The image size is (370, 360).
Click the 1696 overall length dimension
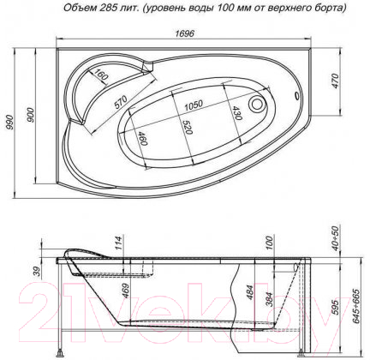coord(184,33)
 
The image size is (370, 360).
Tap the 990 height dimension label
coord(10,122)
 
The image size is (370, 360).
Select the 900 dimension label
coord(30,115)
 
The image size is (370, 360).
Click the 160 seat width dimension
coord(101,75)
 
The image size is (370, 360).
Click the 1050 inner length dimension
coord(194,105)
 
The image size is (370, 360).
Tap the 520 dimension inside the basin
coord(188,127)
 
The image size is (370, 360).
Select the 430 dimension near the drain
coord(237,112)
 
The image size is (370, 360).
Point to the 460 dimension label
coord(142,138)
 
